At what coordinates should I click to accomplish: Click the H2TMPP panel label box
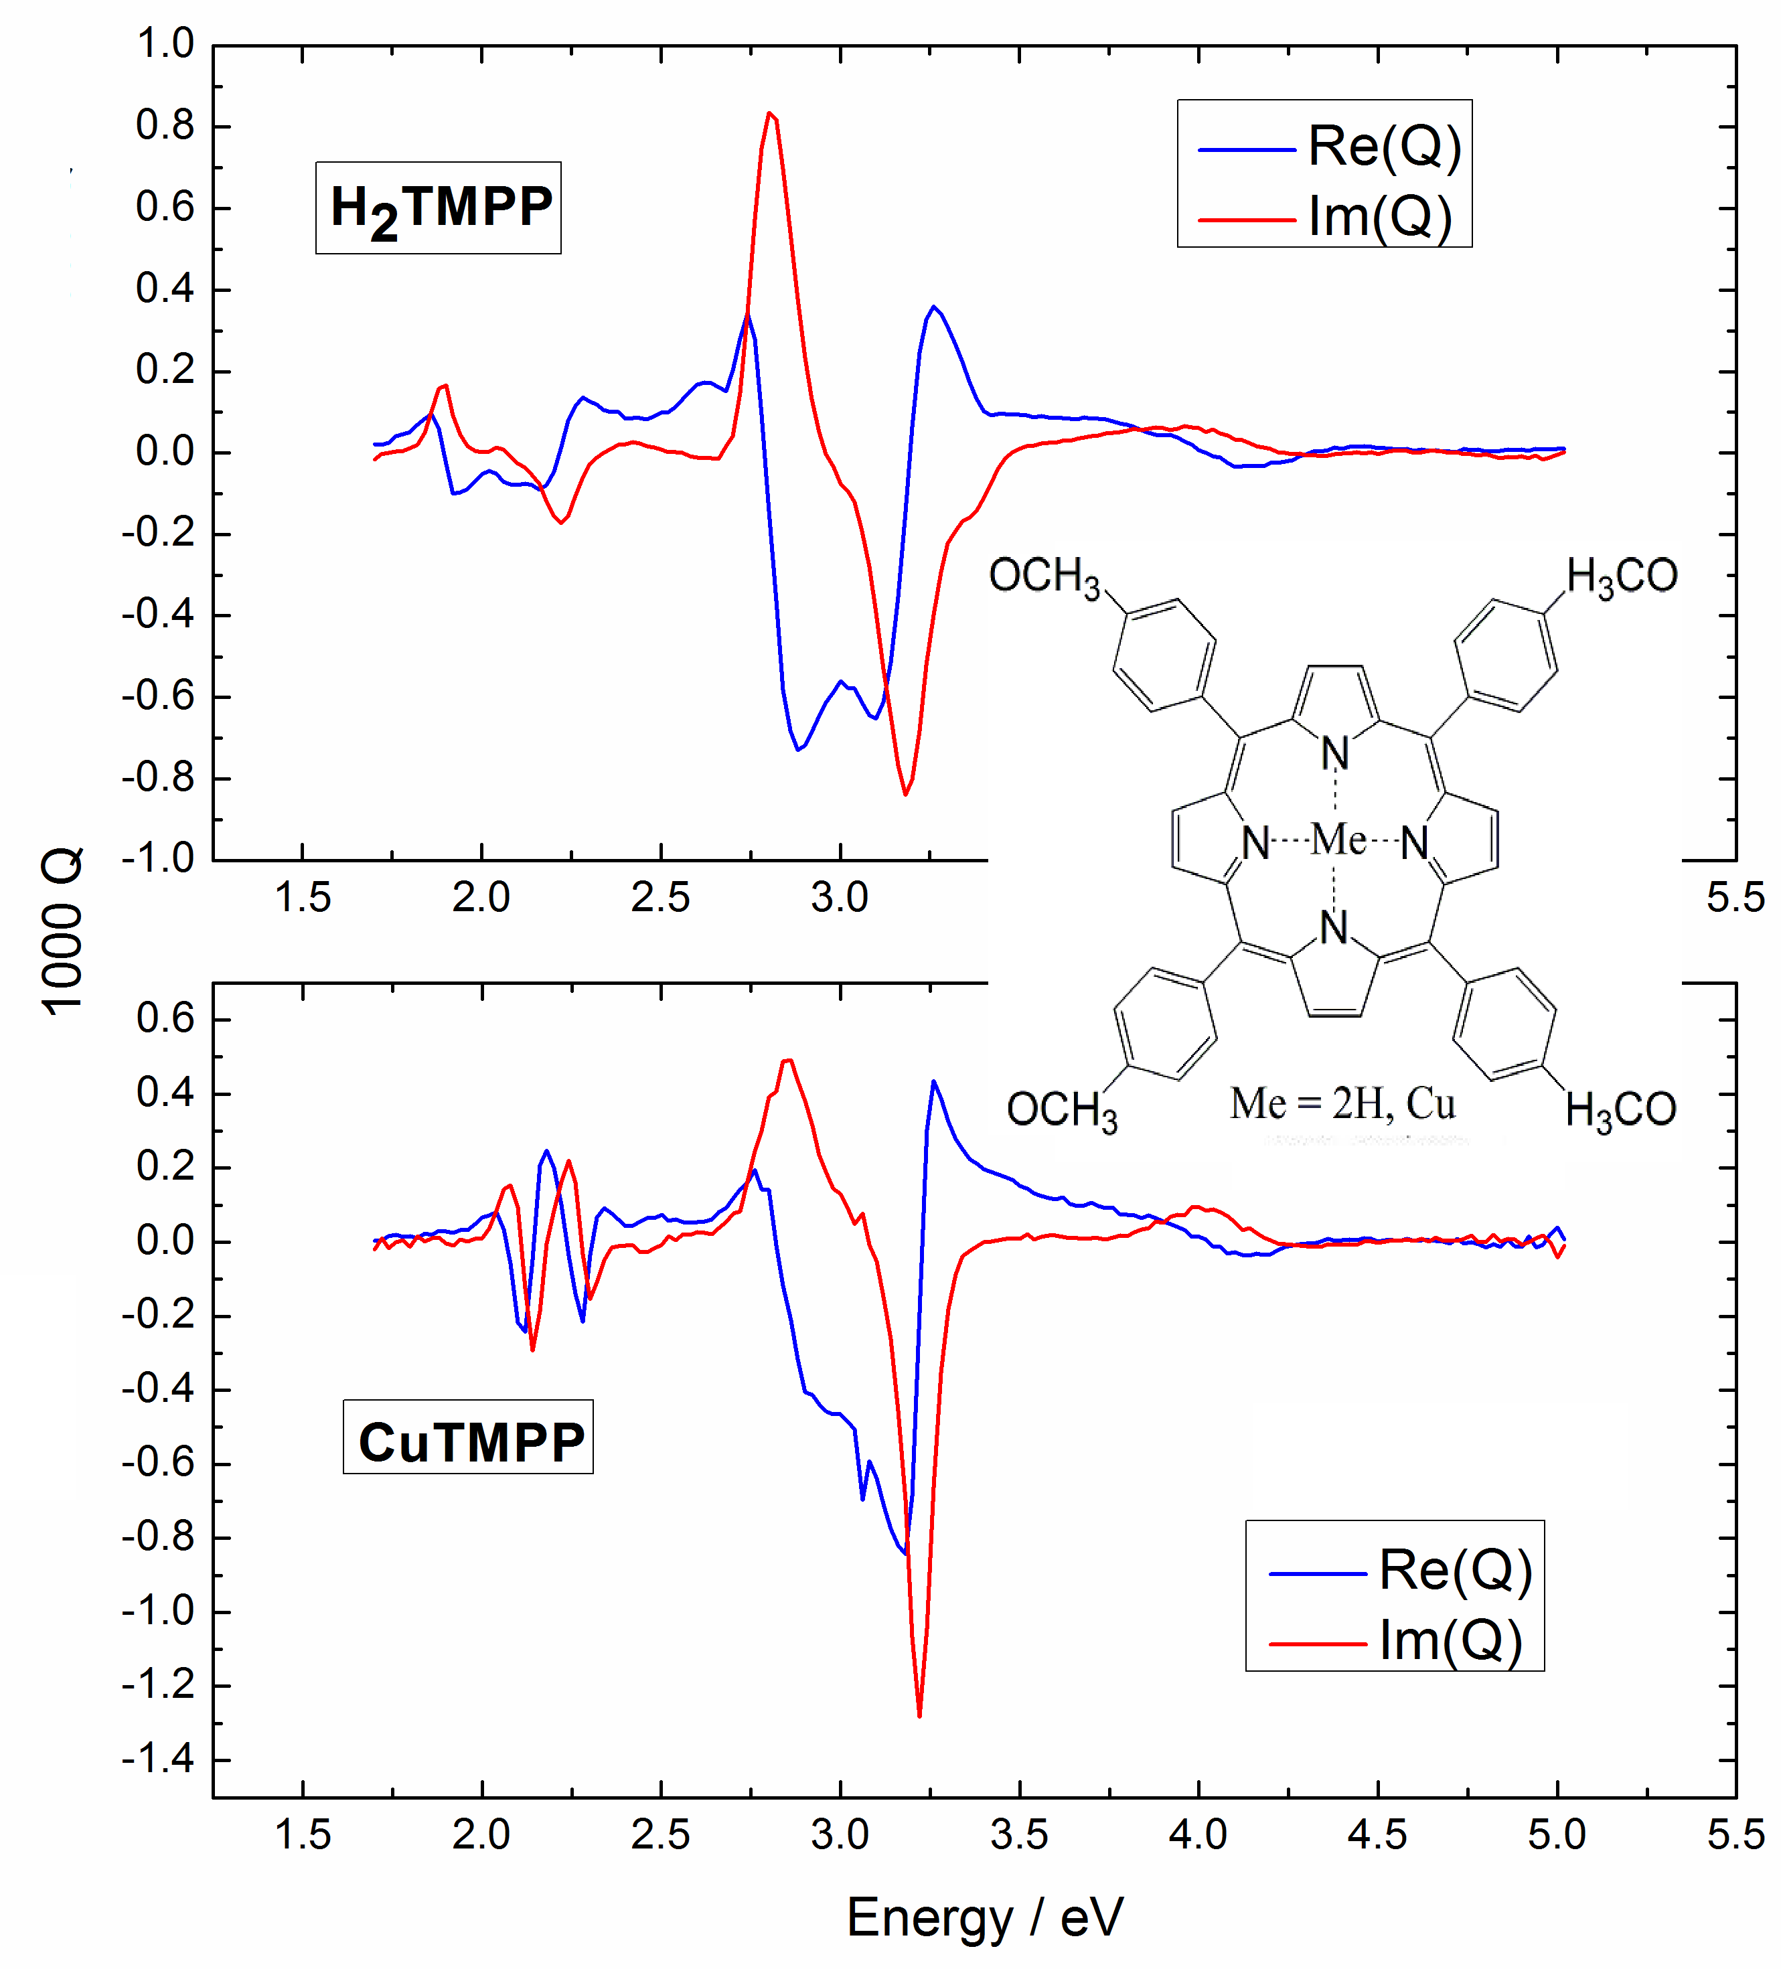pyautogui.click(x=438, y=208)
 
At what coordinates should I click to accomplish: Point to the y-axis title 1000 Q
pyautogui.click(x=64, y=931)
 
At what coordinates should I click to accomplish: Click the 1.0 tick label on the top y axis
pyautogui.click(x=165, y=44)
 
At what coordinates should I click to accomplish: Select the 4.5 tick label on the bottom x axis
pyautogui.click(x=1377, y=1834)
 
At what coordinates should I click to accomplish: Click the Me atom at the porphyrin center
pyautogui.click(x=1338, y=839)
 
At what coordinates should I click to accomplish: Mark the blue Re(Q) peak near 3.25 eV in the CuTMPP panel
pyautogui.click(x=933, y=1081)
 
